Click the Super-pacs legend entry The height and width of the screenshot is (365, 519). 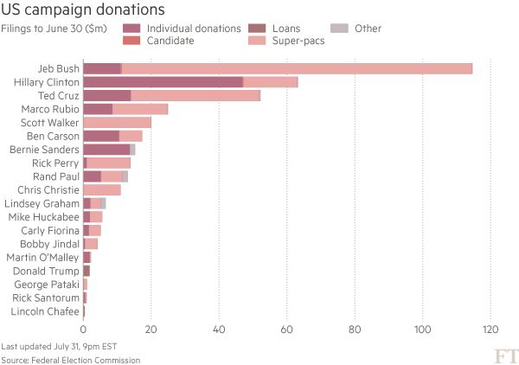[255, 41]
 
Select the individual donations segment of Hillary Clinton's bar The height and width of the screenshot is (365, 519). [163, 82]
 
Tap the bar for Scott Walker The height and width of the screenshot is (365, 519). [118, 123]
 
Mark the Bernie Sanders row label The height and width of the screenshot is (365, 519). [44, 150]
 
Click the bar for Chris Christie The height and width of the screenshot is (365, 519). [102, 189]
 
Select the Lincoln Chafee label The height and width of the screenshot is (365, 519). [45, 311]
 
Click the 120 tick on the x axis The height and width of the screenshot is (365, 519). [490, 329]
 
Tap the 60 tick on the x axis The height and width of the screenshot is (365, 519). [287, 329]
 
